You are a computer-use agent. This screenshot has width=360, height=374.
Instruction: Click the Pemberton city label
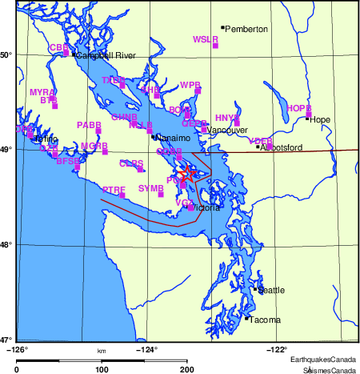246,29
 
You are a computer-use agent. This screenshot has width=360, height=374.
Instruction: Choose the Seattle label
270,290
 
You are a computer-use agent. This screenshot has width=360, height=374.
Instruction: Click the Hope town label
320,120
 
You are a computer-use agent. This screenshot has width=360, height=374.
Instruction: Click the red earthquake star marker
186,173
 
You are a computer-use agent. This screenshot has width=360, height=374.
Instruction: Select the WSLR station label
206,39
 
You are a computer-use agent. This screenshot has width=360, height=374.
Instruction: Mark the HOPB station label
298,108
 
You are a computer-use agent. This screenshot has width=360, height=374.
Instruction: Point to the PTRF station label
114,189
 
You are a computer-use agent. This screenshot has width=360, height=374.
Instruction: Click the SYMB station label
150,188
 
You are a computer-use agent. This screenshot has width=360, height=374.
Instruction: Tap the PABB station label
89,125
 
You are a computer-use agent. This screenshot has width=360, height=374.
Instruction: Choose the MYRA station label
42,93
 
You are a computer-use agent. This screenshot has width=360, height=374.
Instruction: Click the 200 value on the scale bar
187,369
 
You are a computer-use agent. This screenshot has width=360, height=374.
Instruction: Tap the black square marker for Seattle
255,288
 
